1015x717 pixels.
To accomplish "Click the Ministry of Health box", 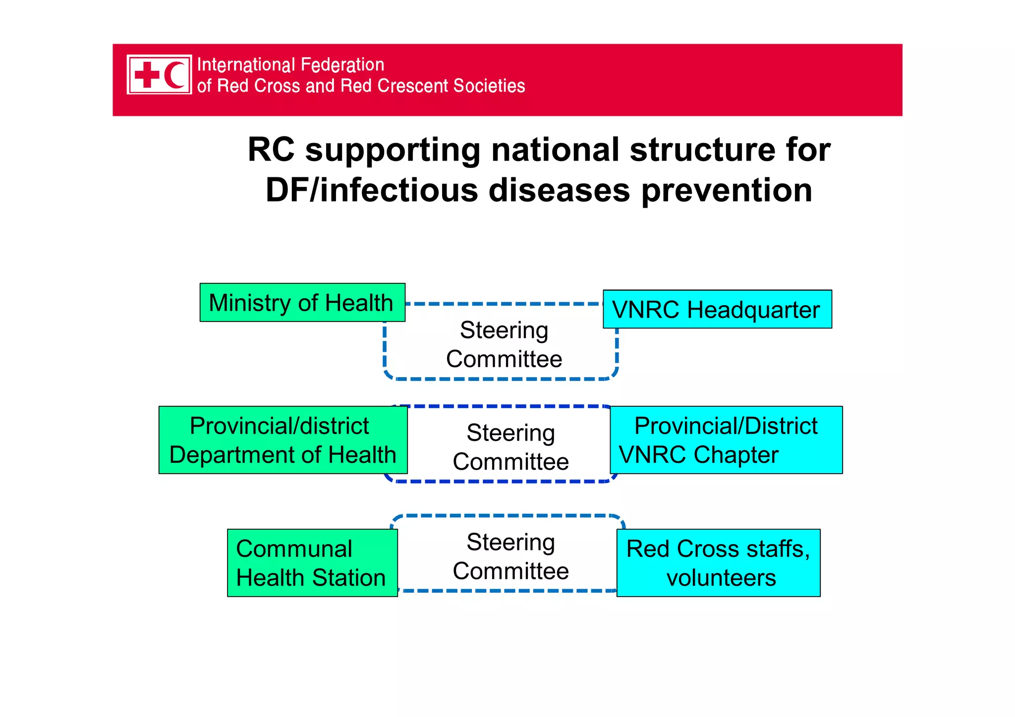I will (x=302, y=303).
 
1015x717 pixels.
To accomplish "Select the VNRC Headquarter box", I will (x=717, y=310).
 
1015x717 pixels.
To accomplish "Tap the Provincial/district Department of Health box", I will (x=282, y=440).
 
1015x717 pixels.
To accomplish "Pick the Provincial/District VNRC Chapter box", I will (x=726, y=440).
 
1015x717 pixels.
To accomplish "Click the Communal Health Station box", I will (x=312, y=563).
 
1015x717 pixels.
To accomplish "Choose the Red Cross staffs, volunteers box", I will (x=718, y=563).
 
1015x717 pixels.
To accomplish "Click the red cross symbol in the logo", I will (x=147, y=75).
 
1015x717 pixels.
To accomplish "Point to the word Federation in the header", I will (x=342, y=65).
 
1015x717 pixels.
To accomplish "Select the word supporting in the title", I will (x=393, y=150).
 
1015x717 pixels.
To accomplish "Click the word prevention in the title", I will (x=727, y=191).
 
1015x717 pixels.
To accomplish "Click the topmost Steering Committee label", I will (x=504, y=344).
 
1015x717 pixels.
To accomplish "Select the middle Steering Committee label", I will (x=510, y=447).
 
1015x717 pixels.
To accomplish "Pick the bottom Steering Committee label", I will (x=510, y=556).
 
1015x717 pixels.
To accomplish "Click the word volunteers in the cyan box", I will (x=721, y=578).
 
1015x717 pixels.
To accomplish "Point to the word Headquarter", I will (x=753, y=310).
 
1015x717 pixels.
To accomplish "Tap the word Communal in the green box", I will (x=294, y=549).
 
